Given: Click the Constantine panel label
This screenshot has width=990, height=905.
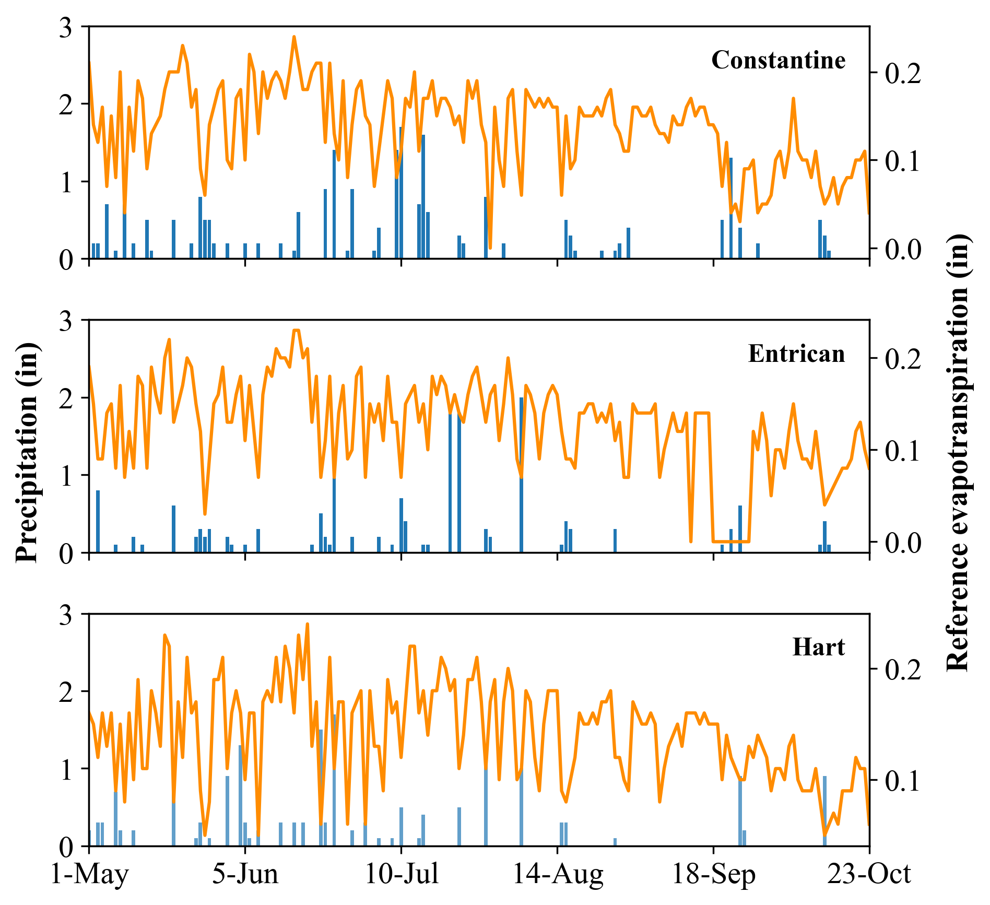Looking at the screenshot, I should (x=778, y=61).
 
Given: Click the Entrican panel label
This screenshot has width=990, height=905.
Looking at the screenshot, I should (x=796, y=354).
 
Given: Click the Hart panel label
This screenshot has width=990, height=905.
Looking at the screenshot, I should (x=818, y=648).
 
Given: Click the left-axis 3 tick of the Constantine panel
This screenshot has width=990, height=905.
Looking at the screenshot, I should (x=66, y=27).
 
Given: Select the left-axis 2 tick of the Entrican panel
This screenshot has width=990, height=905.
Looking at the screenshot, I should (x=66, y=398).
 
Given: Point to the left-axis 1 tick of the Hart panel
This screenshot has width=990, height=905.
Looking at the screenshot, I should (x=66, y=770).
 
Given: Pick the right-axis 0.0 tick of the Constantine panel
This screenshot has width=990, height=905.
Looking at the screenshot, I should (x=903, y=249).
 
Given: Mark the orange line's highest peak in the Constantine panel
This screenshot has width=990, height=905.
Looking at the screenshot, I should (x=294, y=37).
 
